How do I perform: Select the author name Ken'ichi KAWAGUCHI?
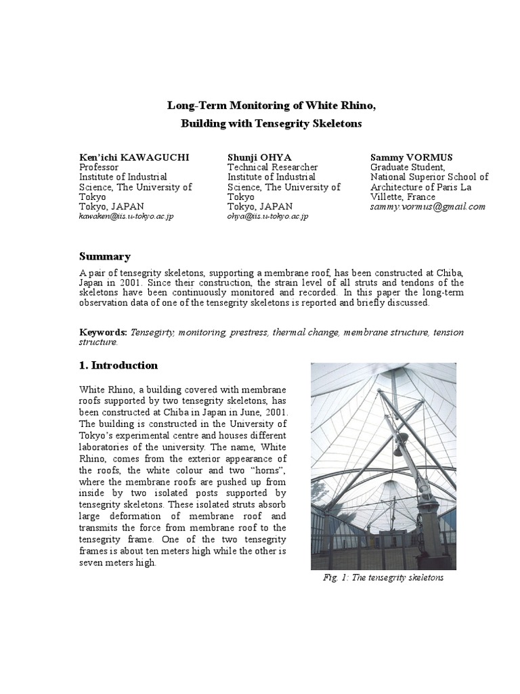[x=134, y=157]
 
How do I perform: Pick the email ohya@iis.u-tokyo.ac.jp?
[x=268, y=216]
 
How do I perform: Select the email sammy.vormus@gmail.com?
[x=428, y=207]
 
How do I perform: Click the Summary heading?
[x=105, y=256]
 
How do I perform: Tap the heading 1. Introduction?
[x=118, y=365]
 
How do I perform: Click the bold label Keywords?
[x=103, y=333]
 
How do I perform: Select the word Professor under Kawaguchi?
[x=99, y=167]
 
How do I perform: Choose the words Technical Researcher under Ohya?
[x=273, y=167]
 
